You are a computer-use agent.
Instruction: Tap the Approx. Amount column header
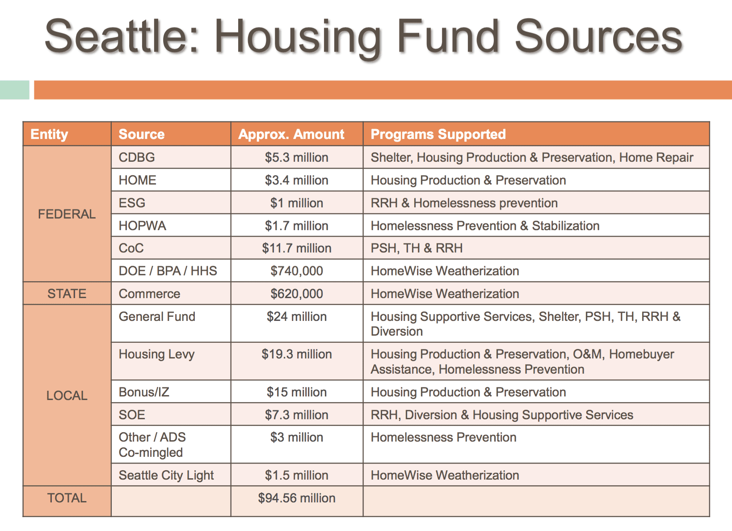coord(291,134)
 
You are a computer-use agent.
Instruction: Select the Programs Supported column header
coord(438,134)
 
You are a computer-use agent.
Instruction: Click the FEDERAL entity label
coord(67,214)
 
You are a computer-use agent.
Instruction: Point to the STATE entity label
coord(67,294)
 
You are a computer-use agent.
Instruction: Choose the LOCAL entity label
coord(67,396)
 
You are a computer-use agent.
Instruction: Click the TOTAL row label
coord(67,498)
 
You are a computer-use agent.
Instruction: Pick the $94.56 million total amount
coord(296,498)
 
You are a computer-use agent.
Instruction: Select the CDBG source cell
coord(137,157)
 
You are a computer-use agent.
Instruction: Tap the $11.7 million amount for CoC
coord(296,248)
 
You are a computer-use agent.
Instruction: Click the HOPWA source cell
coord(142,226)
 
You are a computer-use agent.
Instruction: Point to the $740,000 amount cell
coord(296,271)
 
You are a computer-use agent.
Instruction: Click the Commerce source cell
coord(149,294)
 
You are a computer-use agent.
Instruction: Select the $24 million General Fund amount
coord(296,316)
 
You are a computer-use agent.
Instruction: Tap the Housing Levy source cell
coord(156,354)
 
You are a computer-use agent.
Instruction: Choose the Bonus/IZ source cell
coord(144,392)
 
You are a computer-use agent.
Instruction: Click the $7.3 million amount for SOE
coord(296,415)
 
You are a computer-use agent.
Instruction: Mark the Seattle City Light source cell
coord(166,475)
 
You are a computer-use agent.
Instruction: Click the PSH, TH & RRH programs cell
coord(416,248)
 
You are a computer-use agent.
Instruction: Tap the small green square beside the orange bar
coord(14,89)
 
